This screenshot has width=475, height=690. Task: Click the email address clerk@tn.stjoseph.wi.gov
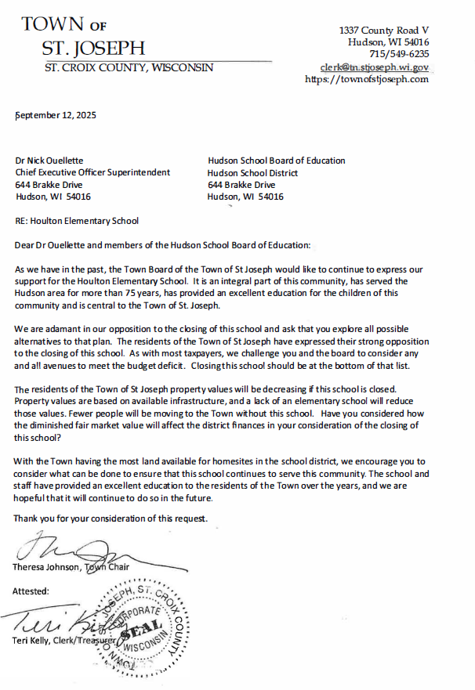[x=375, y=67]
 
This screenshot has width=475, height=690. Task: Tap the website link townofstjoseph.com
[x=367, y=79]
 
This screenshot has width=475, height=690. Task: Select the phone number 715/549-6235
[x=400, y=54]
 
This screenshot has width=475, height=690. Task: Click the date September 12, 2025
[x=56, y=115]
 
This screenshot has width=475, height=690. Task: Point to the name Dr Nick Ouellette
[x=49, y=161]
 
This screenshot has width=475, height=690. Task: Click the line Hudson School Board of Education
[x=276, y=161]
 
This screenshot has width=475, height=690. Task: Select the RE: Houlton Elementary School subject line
[x=77, y=221]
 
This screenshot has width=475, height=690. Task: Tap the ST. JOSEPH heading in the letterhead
[x=93, y=49]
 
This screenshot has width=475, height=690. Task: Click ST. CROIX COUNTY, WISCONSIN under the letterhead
[x=128, y=68]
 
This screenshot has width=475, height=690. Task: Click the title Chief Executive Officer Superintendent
[x=92, y=172]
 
